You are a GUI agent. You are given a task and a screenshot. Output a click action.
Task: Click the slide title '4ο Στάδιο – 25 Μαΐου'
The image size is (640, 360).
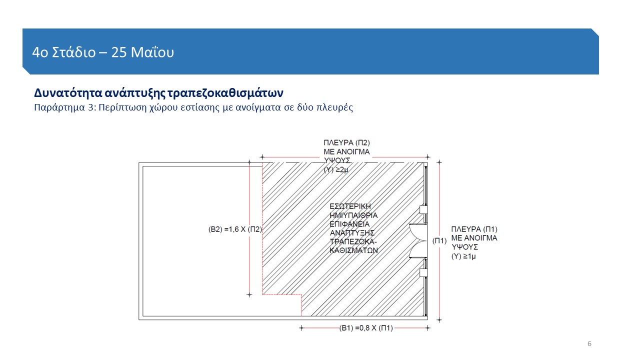[103, 52]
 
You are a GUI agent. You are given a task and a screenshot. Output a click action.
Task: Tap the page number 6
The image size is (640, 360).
[589, 343]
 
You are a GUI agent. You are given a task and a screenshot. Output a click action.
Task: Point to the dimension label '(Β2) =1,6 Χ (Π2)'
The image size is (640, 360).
[235, 229]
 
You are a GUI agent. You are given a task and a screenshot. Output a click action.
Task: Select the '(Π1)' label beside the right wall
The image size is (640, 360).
[439, 241]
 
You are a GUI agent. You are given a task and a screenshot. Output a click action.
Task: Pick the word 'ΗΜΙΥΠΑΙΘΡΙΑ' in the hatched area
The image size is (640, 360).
[353, 215]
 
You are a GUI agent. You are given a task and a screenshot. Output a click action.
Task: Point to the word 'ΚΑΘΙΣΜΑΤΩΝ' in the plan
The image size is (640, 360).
[353, 250]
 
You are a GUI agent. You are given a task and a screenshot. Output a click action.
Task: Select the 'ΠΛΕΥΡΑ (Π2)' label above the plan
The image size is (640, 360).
[346, 143]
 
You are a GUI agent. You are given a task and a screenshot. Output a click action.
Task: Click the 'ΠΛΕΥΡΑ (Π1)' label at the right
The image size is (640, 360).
[474, 229]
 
